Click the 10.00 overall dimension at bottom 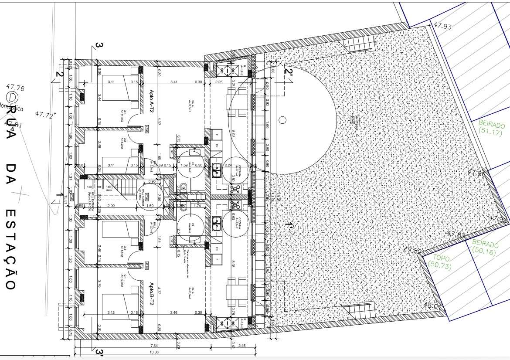tap(154, 352)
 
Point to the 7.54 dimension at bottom tap(154, 346)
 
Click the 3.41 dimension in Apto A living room tap(174, 82)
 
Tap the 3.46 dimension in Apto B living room tap(174, 312)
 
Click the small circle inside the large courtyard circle tap(282, 119)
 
